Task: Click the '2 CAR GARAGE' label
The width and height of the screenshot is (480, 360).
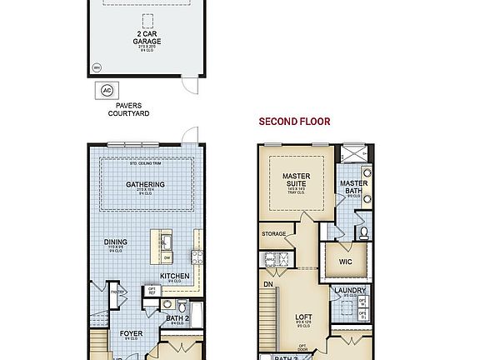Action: [148, 37]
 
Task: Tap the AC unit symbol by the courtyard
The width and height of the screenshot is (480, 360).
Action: [106, 91]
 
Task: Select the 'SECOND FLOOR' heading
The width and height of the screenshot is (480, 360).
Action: [294, 122]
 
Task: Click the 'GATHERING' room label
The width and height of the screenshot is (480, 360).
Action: [144, 185]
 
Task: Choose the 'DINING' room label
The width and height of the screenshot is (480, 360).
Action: [116, 242]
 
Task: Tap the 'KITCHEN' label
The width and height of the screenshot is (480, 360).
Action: [174, 276]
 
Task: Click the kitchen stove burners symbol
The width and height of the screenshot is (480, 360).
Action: [197, 257]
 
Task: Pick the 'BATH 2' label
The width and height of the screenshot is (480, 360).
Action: [176, 317]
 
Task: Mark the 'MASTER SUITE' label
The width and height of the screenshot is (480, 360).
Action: [296, 180]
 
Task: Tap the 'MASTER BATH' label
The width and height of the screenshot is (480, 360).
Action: [353, 187]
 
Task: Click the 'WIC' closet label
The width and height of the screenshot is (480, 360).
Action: [346, 261]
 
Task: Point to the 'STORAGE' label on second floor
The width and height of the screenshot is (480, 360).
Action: [274, 234]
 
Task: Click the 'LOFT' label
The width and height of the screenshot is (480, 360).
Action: [302, 317]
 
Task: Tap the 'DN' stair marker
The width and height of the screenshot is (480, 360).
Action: [268, 283]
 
